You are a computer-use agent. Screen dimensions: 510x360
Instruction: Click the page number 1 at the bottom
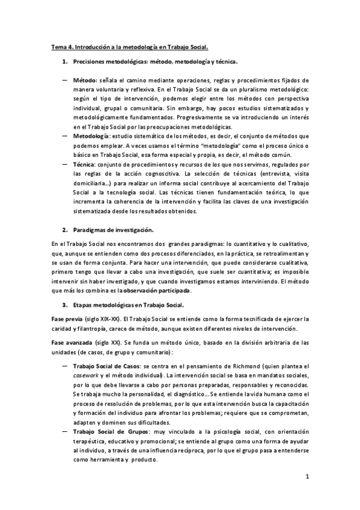tap(307, 478)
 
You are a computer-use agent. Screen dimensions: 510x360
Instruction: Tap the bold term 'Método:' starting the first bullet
tap(85, 80)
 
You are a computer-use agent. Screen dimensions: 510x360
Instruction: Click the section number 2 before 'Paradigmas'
tap(65, 230)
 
